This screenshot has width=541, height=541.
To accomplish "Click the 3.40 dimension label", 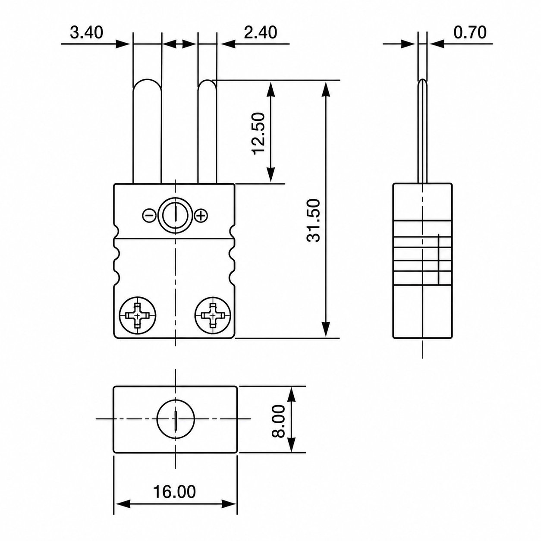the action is click(x=86, y=32).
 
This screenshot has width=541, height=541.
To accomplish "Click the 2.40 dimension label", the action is click(x=260, y=32).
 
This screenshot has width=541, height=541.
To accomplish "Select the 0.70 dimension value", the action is click(x=470, y=32).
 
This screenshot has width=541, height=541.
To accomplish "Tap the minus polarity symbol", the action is click(x=150, y=216).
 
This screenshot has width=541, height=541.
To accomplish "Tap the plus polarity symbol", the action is click(x=201, y=216).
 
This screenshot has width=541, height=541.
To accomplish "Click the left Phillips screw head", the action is click(x=138, y=315).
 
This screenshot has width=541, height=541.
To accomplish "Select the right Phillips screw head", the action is click(x=213, y=315).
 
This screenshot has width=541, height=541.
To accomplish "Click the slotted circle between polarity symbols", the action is click(x=176, y=215).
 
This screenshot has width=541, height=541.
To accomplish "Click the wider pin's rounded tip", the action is click(x=147, y=80).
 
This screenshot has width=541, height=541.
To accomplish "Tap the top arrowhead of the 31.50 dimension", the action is click(x=325, y=89).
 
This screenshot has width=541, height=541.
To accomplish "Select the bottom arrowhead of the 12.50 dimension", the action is click(x=270, y=175).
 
